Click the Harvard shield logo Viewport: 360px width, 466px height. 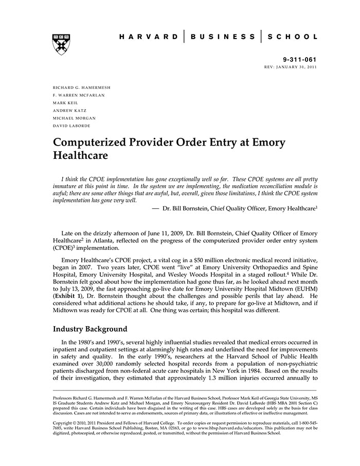pyautogui.click(x=61, y=44)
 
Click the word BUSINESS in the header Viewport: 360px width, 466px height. pyautogui.click(x=222, y=37)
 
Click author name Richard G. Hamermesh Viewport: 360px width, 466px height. pyautogui.click(x=82, y=87)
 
